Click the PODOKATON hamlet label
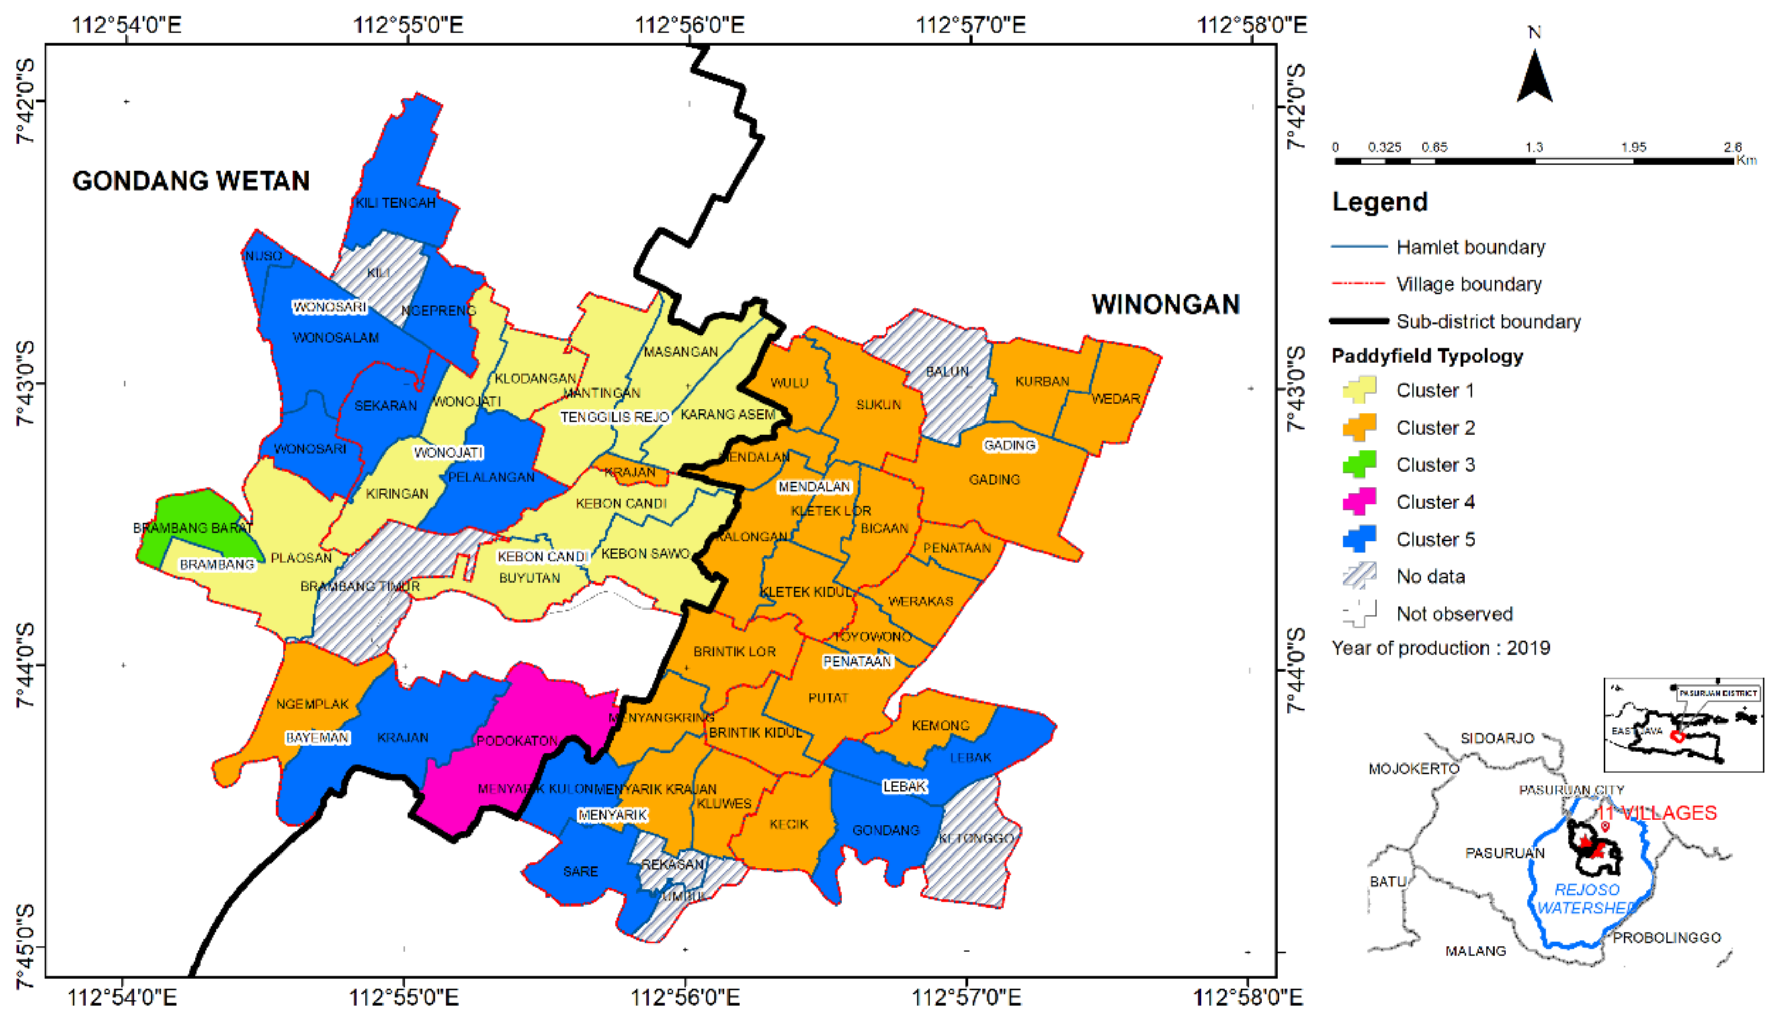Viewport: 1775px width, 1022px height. point(517,741)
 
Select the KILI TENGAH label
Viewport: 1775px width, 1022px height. point(395,203)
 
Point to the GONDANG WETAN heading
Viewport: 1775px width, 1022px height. point(191,181)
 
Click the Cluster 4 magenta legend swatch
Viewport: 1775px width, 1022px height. point(1359,501)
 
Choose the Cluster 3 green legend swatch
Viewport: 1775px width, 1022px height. point(1359,464)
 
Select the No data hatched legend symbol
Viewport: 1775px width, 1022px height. point(1359,576)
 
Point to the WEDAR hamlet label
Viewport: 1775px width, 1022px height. point(1115,399)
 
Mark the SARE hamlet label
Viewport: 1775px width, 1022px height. point(580,871)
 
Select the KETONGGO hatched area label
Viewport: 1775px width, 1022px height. point(976,838)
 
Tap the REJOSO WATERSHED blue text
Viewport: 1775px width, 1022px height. point(1586,898)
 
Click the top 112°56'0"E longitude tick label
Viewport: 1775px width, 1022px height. point(689,25)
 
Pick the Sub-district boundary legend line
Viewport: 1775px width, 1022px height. point(1359,321)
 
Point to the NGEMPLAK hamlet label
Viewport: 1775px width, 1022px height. point(312,704)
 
